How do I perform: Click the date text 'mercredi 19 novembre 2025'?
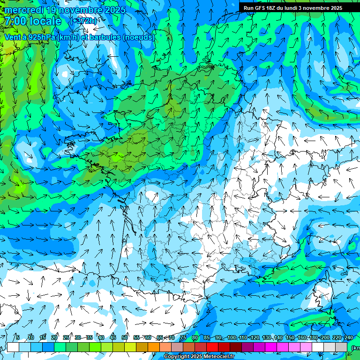(65, 10)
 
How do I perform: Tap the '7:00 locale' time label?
(33, 21)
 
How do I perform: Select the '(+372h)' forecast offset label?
(83, 21)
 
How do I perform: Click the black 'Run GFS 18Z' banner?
(293, 8)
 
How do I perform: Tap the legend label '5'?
(17, 337)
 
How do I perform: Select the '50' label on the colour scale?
(125, 337)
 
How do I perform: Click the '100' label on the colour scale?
(232, 337)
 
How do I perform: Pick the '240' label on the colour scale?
(349, 337)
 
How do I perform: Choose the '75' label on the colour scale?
(183, 337)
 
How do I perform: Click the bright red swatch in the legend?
(213, 347)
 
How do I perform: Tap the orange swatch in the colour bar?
(154, 347)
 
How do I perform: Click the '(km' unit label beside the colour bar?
(355, 348)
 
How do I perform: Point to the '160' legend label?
(302, 337)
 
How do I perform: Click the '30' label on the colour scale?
(78, 337)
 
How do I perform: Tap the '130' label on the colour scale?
(267, 337)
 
